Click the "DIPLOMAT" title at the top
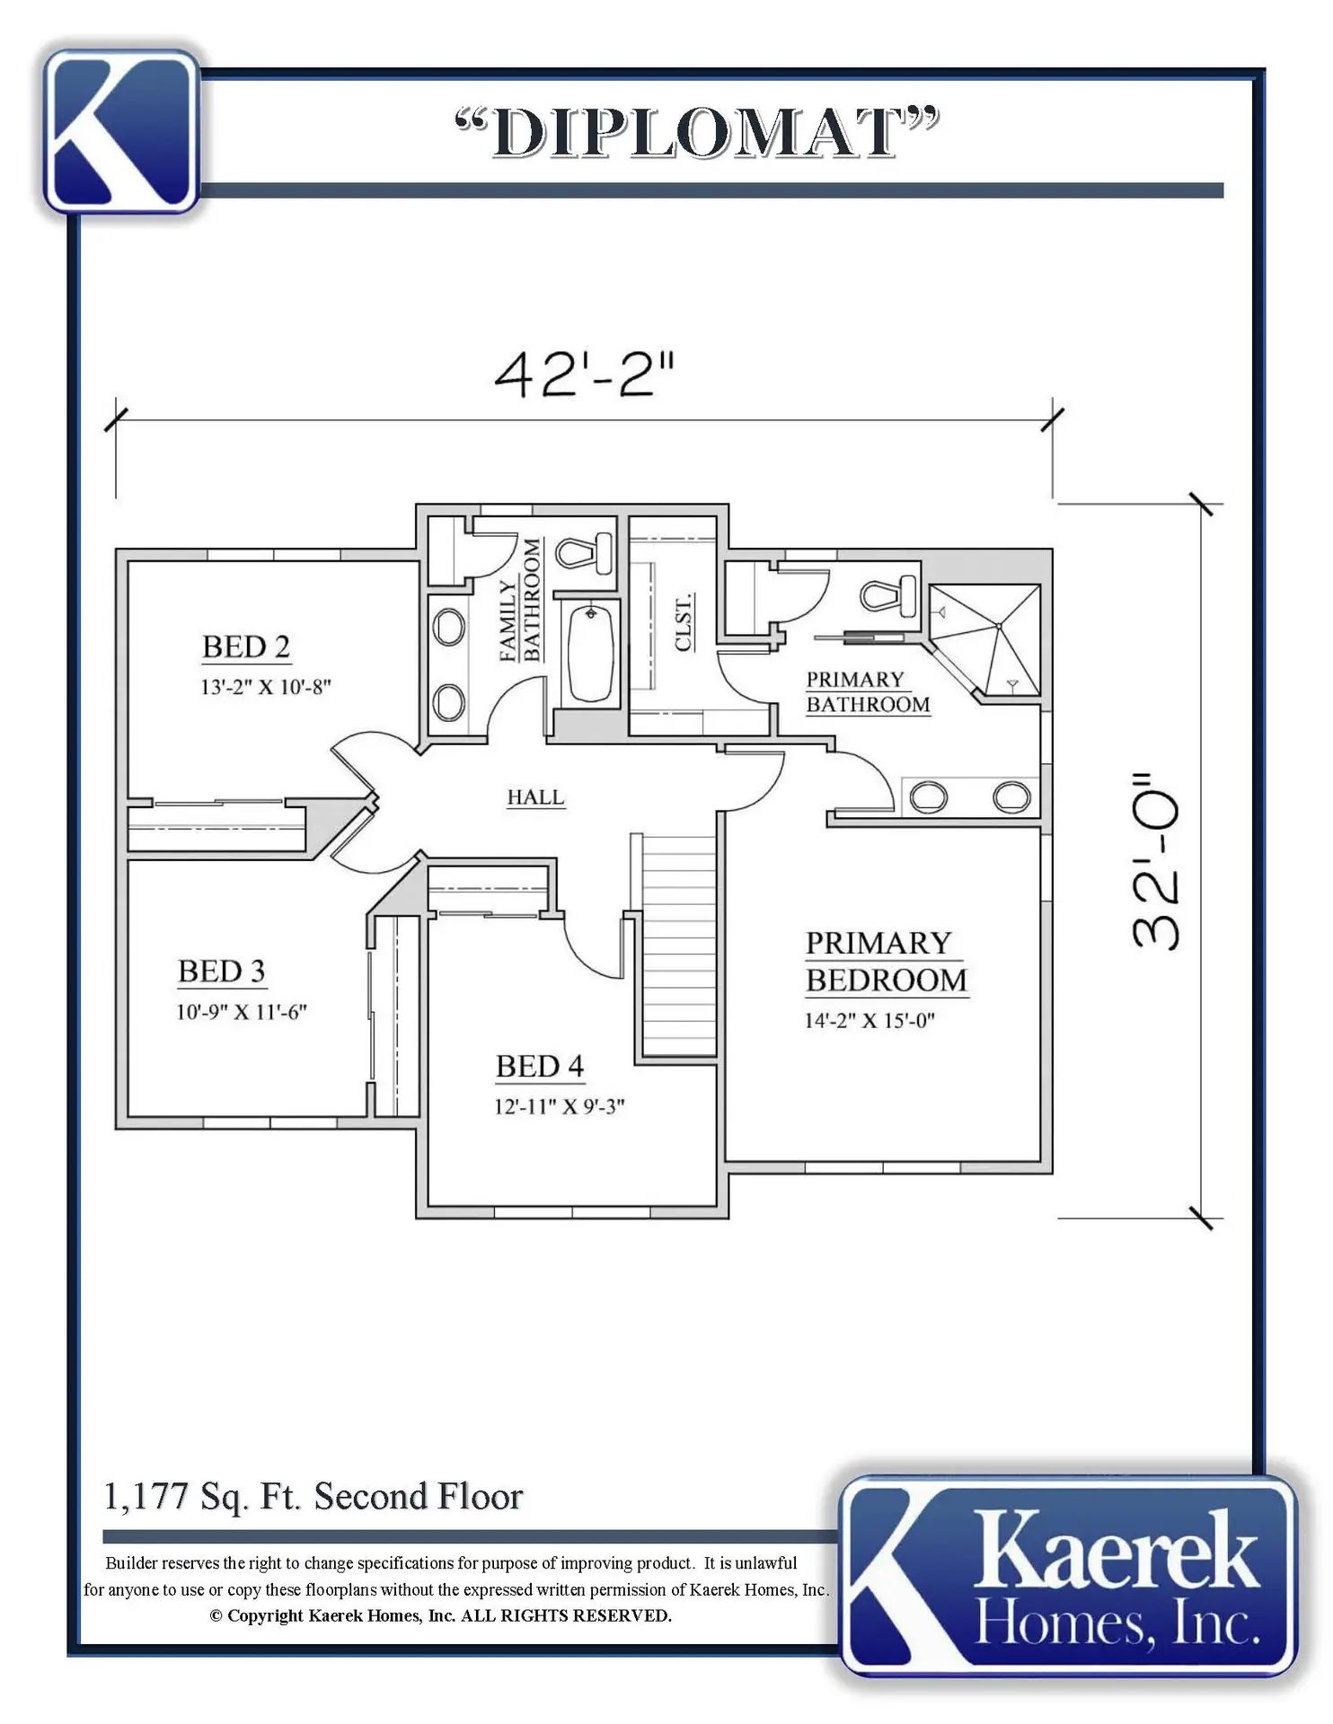tap(697, 133)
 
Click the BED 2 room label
tap(246, 646)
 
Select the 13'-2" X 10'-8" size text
tap(266, 687)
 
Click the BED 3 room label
tap(222, 972)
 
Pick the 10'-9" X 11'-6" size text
tap(242, 1012)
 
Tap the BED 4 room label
tap(540, 1067)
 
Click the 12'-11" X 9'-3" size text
tap(560, 1107)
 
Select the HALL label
tap(536, 797)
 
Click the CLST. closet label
tap(683, 622)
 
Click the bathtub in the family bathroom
tap(590, 652)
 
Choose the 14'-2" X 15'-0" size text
tap(870, 1021)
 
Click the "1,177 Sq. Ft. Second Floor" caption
tap(313, 1497)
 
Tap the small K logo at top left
tap(121, 132)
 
